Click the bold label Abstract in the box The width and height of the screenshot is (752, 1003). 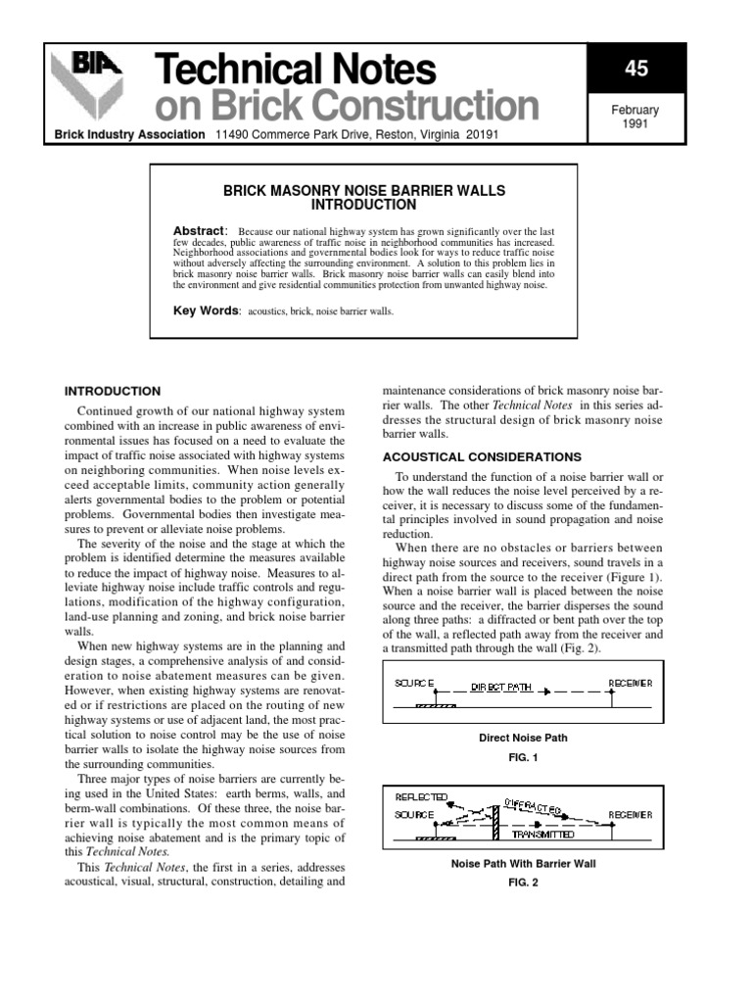point(199,230)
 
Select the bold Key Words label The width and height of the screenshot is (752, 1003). point(206,310)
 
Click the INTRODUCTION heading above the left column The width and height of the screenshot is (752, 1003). point(112,391)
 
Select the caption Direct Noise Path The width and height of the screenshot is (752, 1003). point(522,738)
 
